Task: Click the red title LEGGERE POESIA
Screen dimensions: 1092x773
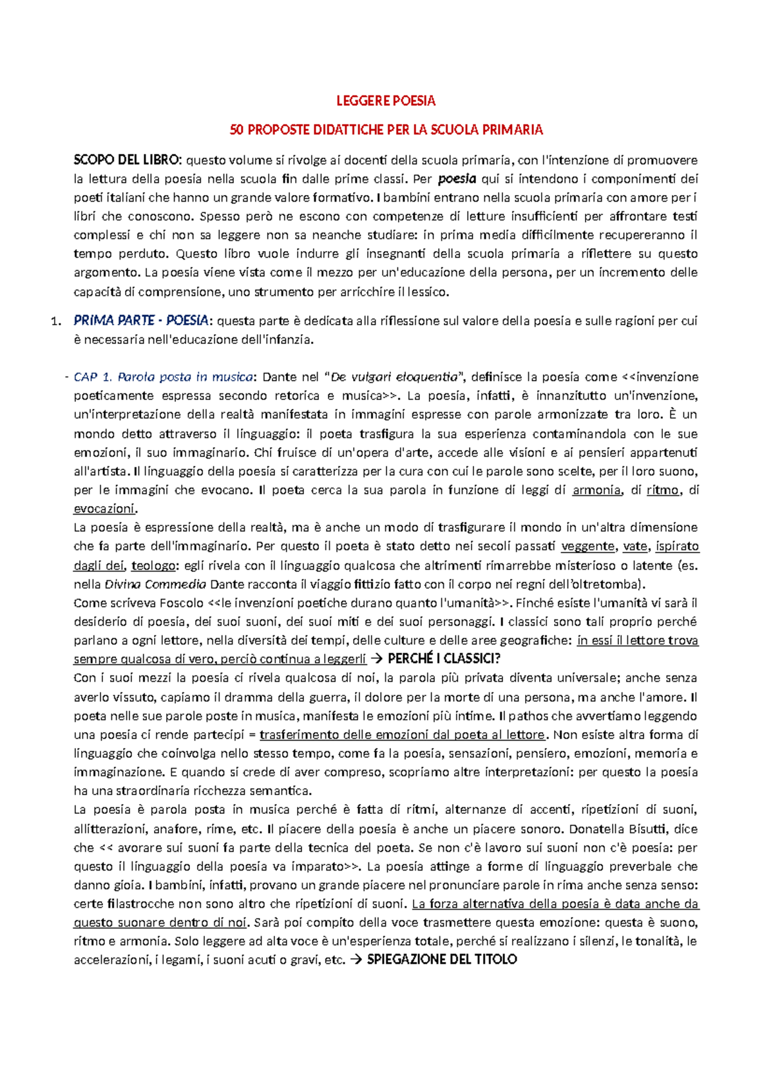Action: (x=386, y=100)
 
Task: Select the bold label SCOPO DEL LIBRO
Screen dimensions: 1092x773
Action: (x=128, y=160)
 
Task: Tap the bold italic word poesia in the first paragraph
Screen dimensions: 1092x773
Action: (x=457, y=178)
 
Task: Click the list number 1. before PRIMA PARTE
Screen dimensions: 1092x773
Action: (x=55, y=321)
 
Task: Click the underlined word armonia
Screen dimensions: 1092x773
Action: (x=596, y=490)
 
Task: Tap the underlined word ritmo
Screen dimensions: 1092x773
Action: (x=663, y=490)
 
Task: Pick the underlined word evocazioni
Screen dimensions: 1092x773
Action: (x=104, y=509)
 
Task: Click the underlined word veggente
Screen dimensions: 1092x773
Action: (x=587, y=547)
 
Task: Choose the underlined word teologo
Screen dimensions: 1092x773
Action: (x=153, y=565)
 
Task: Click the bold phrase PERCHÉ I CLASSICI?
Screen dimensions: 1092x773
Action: (x=444, y=659)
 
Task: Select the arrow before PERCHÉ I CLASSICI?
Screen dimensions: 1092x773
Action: (x=377, y=659)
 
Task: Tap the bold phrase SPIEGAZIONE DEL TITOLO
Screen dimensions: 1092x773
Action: (x=442, y=959)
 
